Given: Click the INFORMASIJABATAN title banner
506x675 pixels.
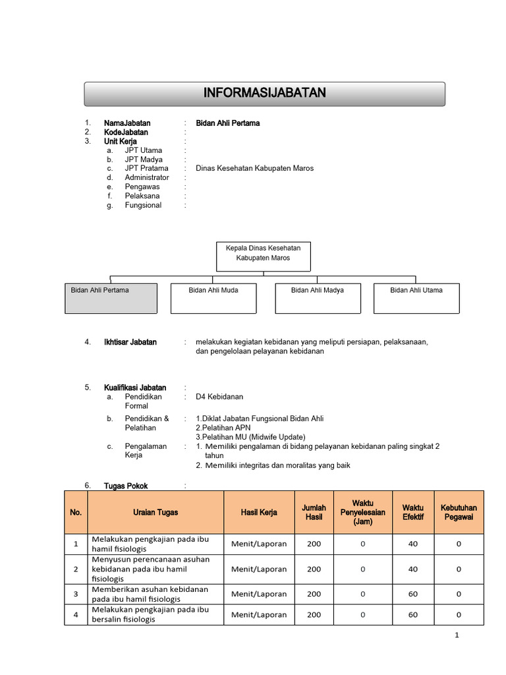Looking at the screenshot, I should [264, 94].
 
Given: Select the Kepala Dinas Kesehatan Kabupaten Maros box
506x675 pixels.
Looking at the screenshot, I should [263, 256].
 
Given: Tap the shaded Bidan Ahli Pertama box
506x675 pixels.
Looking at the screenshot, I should [111, 299].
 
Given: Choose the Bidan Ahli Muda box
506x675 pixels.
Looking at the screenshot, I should [213, 299].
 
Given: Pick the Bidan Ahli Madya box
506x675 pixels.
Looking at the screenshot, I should [317, 299].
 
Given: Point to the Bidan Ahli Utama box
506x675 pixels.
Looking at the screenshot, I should [416, 299].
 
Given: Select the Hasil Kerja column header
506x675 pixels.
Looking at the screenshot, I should [259, 512].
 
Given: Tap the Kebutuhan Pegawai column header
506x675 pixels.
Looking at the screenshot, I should [459, 512].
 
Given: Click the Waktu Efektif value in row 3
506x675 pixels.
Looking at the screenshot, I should [413, 594].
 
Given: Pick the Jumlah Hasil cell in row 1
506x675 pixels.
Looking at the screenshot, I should [314, 544].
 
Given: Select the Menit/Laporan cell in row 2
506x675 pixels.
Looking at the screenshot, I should [259, 569].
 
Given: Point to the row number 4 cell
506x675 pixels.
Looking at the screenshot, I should [76, 614].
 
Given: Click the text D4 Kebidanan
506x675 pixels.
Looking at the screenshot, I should [219, 397].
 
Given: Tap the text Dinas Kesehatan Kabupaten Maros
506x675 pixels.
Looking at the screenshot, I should [254, 168].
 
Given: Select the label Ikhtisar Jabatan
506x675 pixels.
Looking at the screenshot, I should [130, 342].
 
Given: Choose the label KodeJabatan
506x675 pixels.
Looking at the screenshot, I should [126, 132].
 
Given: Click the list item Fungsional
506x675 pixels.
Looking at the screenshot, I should [143, 205].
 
